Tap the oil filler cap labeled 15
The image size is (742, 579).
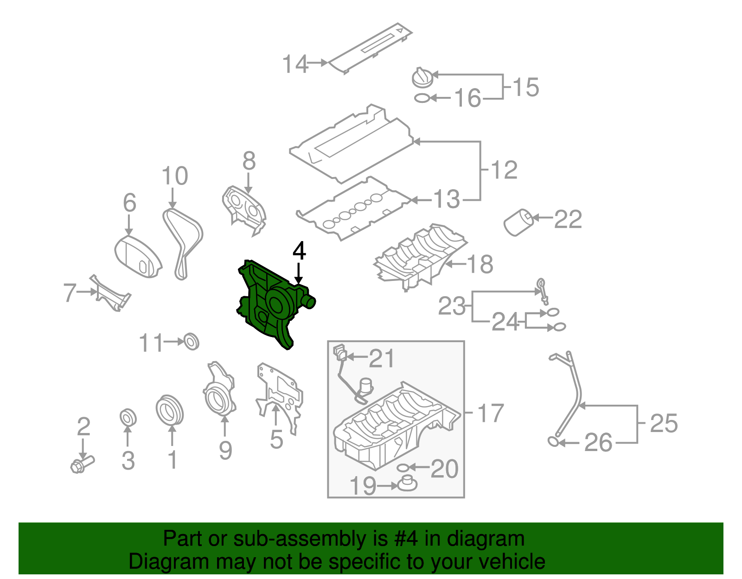(422, 77)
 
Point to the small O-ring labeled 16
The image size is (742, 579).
(422, 98)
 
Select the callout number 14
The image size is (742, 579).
(295, 64)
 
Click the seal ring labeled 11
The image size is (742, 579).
(191, 341)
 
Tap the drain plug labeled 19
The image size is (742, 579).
(407, 484)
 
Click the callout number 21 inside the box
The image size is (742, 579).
(381, 358)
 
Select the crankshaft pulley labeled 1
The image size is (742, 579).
(169, 409)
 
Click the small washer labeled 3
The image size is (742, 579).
(128, 417)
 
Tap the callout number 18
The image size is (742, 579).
(480, 264)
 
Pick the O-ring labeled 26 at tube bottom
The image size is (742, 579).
(552, 441)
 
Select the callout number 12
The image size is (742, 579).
(504, 170)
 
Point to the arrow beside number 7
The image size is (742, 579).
(88, 292)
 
